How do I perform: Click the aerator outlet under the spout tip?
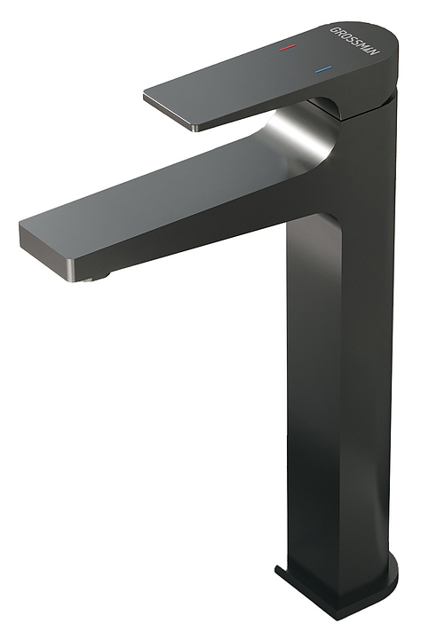click(96, 278)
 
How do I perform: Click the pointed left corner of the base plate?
click(276, 576)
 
